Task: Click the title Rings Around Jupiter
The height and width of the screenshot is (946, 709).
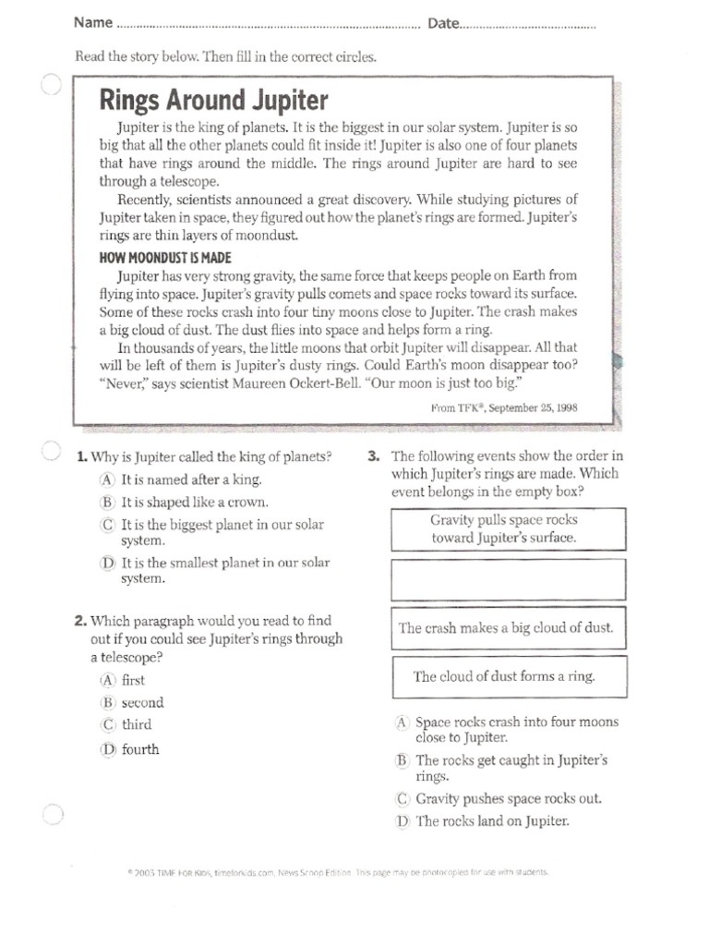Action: (213, 100)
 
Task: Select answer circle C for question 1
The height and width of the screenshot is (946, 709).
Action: (108, 525)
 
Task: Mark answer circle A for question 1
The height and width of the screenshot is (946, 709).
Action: (108, 479)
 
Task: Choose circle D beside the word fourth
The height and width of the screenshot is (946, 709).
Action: (108, 749)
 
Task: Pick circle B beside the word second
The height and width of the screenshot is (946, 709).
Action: (108, 702)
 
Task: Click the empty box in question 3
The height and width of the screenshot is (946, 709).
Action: (509, 579)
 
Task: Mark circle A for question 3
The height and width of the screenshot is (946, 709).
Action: (402, 722)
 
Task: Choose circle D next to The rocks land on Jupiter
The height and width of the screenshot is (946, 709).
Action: (402, 821)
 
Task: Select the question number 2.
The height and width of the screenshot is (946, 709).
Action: (80, 621)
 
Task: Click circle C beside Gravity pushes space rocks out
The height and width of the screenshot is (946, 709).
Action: (402, 799)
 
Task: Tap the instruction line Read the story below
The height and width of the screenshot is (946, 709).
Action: (225, 57)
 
